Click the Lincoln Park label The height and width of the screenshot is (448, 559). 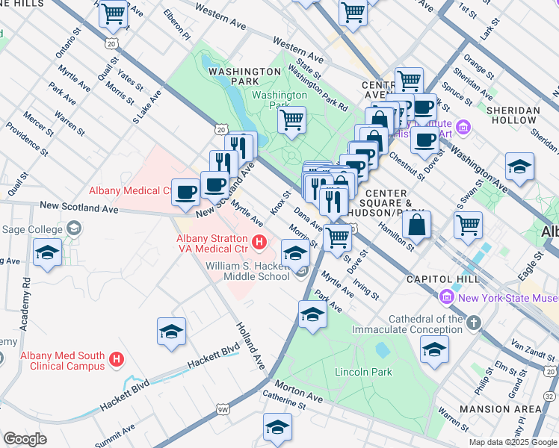click(x=364, y=372)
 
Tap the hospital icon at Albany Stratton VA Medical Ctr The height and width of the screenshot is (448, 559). click(x=259, y=242)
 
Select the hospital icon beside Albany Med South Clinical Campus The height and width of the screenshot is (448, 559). click(x=116, y=360)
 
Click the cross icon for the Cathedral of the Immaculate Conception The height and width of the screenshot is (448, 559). click(x=472, y=323)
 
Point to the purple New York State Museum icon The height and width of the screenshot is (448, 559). click(x=447, y=297)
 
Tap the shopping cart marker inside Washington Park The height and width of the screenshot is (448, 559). click(x=291, y=119)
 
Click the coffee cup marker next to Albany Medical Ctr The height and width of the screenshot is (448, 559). click(x=185, y=192)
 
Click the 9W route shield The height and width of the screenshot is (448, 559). click(x=223, y=409)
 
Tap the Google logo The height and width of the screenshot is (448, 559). click(x=25, y=439)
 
